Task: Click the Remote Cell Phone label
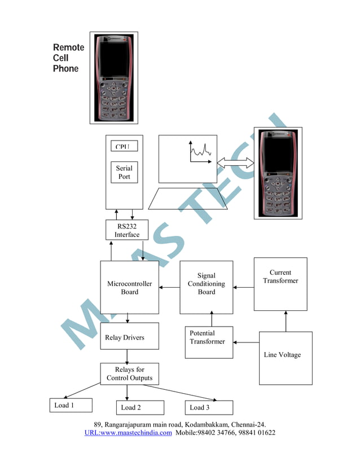coord(68,58)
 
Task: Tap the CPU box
coord(123,146)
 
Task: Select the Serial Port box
coord(124,173)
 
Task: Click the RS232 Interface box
coord(127,230)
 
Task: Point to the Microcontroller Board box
coord(129,287)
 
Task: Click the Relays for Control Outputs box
coord(129,373)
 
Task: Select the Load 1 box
coord(69,405)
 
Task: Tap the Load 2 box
coord(141,407)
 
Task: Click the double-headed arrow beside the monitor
coord(235,162)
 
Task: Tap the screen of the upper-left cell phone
coord(113,58)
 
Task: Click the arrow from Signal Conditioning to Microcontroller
coord(169,288)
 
